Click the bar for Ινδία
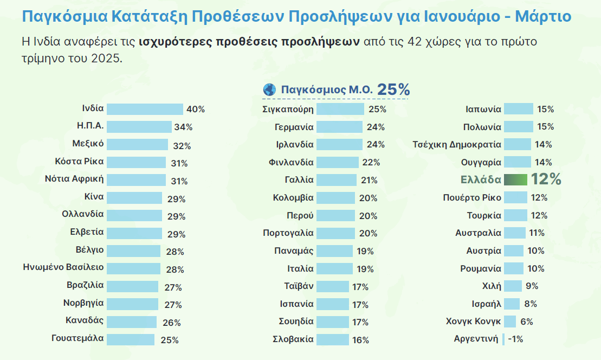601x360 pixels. (145, 109)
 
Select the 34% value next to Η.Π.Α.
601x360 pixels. (183, 127)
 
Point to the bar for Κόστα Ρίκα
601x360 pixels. (136, 162)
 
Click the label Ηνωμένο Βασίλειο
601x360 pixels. (63, 267)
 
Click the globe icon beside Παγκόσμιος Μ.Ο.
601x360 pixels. (269, 89)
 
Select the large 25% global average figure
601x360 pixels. (393, 89)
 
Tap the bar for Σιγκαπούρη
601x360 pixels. (340, 109)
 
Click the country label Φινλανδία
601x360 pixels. (291, 162)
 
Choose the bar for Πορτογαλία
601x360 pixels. (335, 233)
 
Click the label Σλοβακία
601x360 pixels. (293, 339)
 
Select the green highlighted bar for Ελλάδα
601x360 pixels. (515, 179)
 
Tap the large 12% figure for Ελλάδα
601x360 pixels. (546, 179)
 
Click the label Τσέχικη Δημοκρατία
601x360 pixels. (457, 144)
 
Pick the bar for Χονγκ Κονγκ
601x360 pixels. (510, 322)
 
